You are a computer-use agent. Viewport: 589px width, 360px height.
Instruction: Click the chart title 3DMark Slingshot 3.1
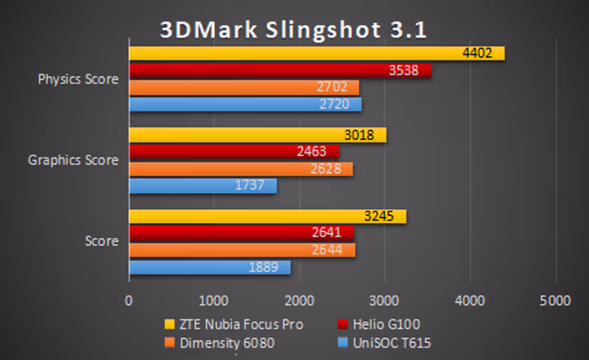point(294,31)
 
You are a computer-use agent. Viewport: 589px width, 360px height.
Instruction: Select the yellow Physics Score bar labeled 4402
point(317,53)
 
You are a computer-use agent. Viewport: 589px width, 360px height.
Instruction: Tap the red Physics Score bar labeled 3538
point(280,71)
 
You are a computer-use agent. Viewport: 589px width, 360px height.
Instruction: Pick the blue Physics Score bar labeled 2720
point(245,105)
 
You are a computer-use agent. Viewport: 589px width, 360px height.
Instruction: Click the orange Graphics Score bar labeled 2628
point(241,169)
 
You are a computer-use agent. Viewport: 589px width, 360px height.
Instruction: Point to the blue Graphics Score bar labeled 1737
point(202,186)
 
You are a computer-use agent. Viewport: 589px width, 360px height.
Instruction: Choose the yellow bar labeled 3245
point(267,216)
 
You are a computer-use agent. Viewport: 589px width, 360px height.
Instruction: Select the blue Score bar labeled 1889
point(210,267)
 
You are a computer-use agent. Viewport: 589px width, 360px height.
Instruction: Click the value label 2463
point(321,152)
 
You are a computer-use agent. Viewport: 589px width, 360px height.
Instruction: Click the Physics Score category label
point(78,80)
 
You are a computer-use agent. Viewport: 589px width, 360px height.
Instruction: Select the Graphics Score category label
point(73,160)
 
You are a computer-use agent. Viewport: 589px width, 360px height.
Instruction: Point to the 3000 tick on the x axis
point(384,300)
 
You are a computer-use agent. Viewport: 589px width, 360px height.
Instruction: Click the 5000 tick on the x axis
point(555,300)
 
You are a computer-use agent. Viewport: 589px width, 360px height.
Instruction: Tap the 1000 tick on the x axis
point(214,300)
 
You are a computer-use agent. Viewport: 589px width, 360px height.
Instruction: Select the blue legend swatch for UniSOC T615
point(341,343)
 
